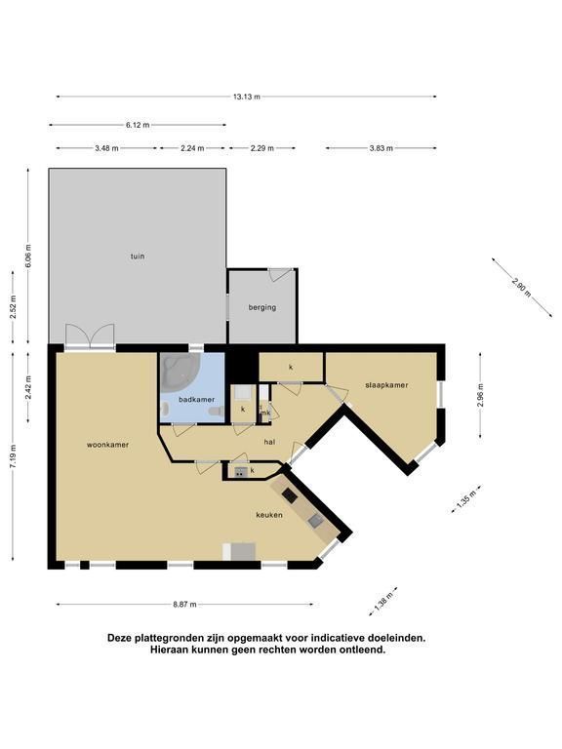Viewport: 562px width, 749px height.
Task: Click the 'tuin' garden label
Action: (x=138, y=256)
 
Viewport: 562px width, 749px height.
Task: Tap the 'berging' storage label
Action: (x=262, y=307)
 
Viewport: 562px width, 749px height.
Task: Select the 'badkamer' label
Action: (x=196, y=399)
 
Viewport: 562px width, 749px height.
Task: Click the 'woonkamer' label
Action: (x=107, y=445)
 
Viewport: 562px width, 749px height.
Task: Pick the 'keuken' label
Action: (x=269, y=515)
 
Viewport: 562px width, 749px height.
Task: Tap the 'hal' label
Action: (x=269, y=442)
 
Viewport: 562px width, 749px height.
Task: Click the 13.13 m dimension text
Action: (x=247, y=97)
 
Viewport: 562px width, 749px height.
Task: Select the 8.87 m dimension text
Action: (x=185, y=605)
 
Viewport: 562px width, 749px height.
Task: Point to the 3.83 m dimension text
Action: (x=381, y=148)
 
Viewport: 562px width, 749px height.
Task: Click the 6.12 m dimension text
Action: (x=138, y=125)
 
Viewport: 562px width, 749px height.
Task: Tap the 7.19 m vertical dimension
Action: (x=13, y=457)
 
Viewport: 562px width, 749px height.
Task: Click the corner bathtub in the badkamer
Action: (x=177, y=370)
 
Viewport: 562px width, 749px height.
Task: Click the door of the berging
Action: (x=280, y=274)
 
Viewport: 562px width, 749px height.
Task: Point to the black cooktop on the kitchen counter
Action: (x=290, y=495)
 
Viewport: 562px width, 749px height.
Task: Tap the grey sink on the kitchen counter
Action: (x=315, y=521)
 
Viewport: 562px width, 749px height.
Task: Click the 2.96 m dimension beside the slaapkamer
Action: (x=480, y=395)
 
